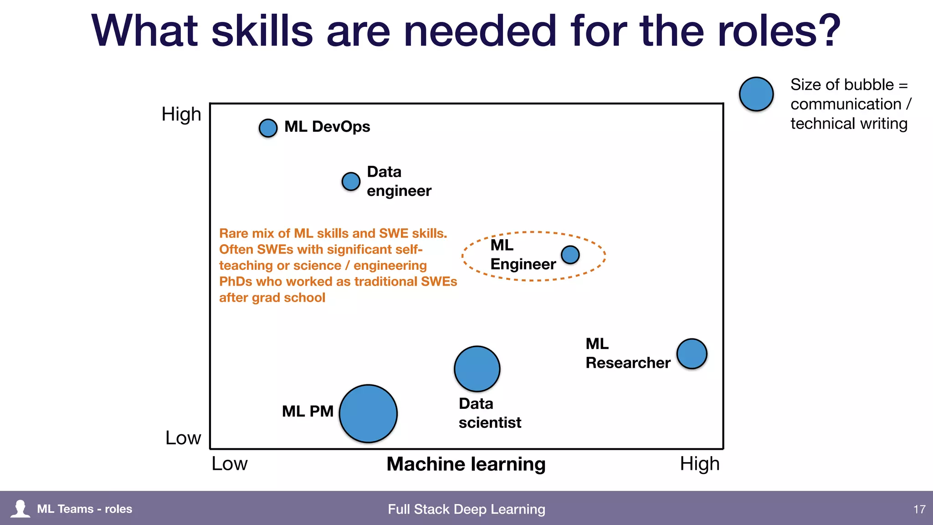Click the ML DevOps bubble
(268, 128)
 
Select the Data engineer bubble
(351, 181)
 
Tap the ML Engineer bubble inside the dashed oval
(570, 255)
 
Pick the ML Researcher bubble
(692, 354)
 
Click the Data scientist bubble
(477, 369)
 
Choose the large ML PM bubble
(368, 413)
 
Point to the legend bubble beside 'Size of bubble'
(756, 94)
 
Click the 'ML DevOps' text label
(327, 127)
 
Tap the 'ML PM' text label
(308, 411)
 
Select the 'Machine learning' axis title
(466, 464)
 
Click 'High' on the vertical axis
(181, 114)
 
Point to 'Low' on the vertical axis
(183, 437)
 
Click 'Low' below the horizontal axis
(230, 463)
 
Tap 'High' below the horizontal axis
(700, 463)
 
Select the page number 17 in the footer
(919, 509)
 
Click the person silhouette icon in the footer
(20, 509)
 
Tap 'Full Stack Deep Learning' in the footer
(466, 509)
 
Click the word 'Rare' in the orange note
(233, 233)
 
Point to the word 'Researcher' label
(628, 363)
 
